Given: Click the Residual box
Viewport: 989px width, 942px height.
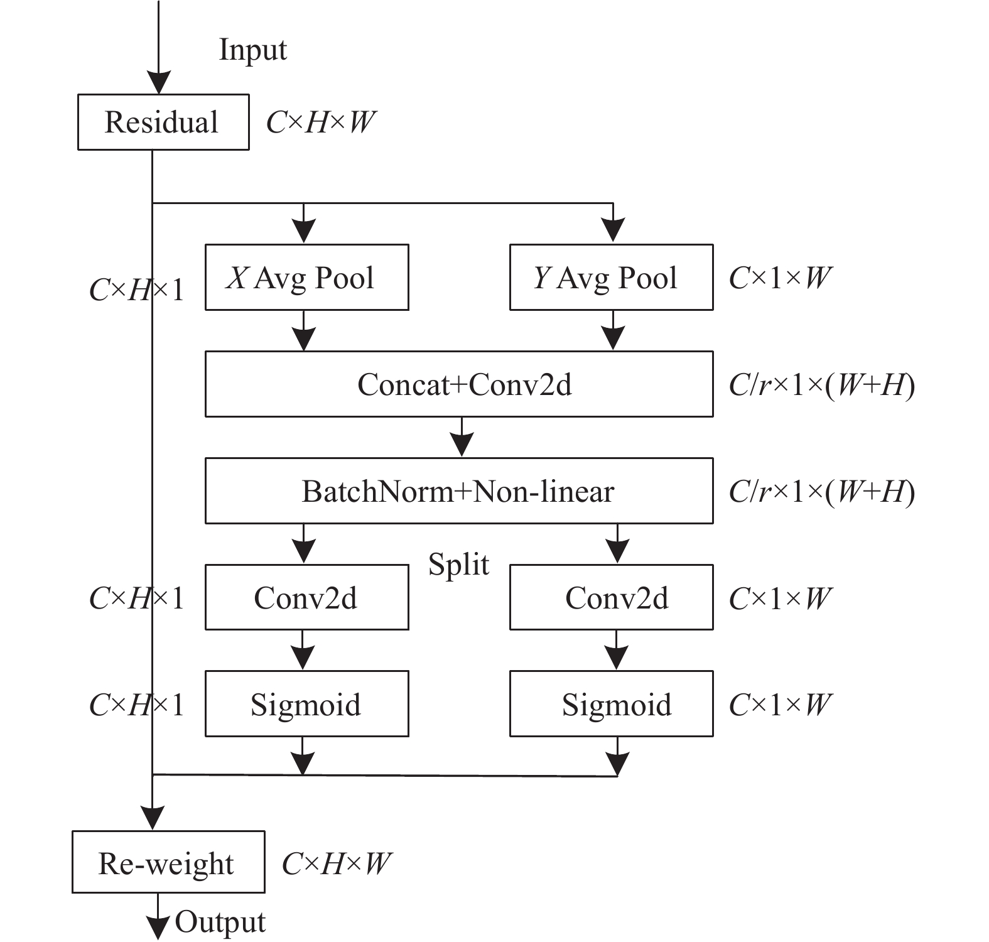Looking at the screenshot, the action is click(163, 122).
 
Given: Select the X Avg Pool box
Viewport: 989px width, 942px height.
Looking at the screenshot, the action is click(307, 277).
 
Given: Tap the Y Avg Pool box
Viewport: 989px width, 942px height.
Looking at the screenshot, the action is click(612, 277).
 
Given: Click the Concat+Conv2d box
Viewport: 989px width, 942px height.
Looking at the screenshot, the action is click(459, 384).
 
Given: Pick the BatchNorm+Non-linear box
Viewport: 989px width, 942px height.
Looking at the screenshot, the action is click(459, 490).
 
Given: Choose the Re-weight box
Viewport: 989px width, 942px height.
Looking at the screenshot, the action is click(168, 862).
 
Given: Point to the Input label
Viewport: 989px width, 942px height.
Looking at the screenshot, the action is click(252, 50).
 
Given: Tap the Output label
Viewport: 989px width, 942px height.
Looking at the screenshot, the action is click(220, 922).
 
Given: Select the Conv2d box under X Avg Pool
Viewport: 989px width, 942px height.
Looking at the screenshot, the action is click(307, 597).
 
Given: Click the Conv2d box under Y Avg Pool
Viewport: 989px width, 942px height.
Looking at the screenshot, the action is click(612, 597).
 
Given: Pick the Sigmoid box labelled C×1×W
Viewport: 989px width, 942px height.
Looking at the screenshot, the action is click(612, 703).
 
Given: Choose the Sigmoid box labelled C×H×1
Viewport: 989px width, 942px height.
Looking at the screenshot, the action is click(307, 703).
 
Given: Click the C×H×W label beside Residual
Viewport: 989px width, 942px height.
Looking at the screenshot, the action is click(321, 122).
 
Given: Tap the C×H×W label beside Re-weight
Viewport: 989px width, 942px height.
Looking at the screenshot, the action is click(337, 864).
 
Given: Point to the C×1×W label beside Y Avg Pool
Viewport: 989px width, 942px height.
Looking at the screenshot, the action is click(781, 278).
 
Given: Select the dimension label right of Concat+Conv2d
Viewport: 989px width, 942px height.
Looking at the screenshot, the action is click(821, 385).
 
